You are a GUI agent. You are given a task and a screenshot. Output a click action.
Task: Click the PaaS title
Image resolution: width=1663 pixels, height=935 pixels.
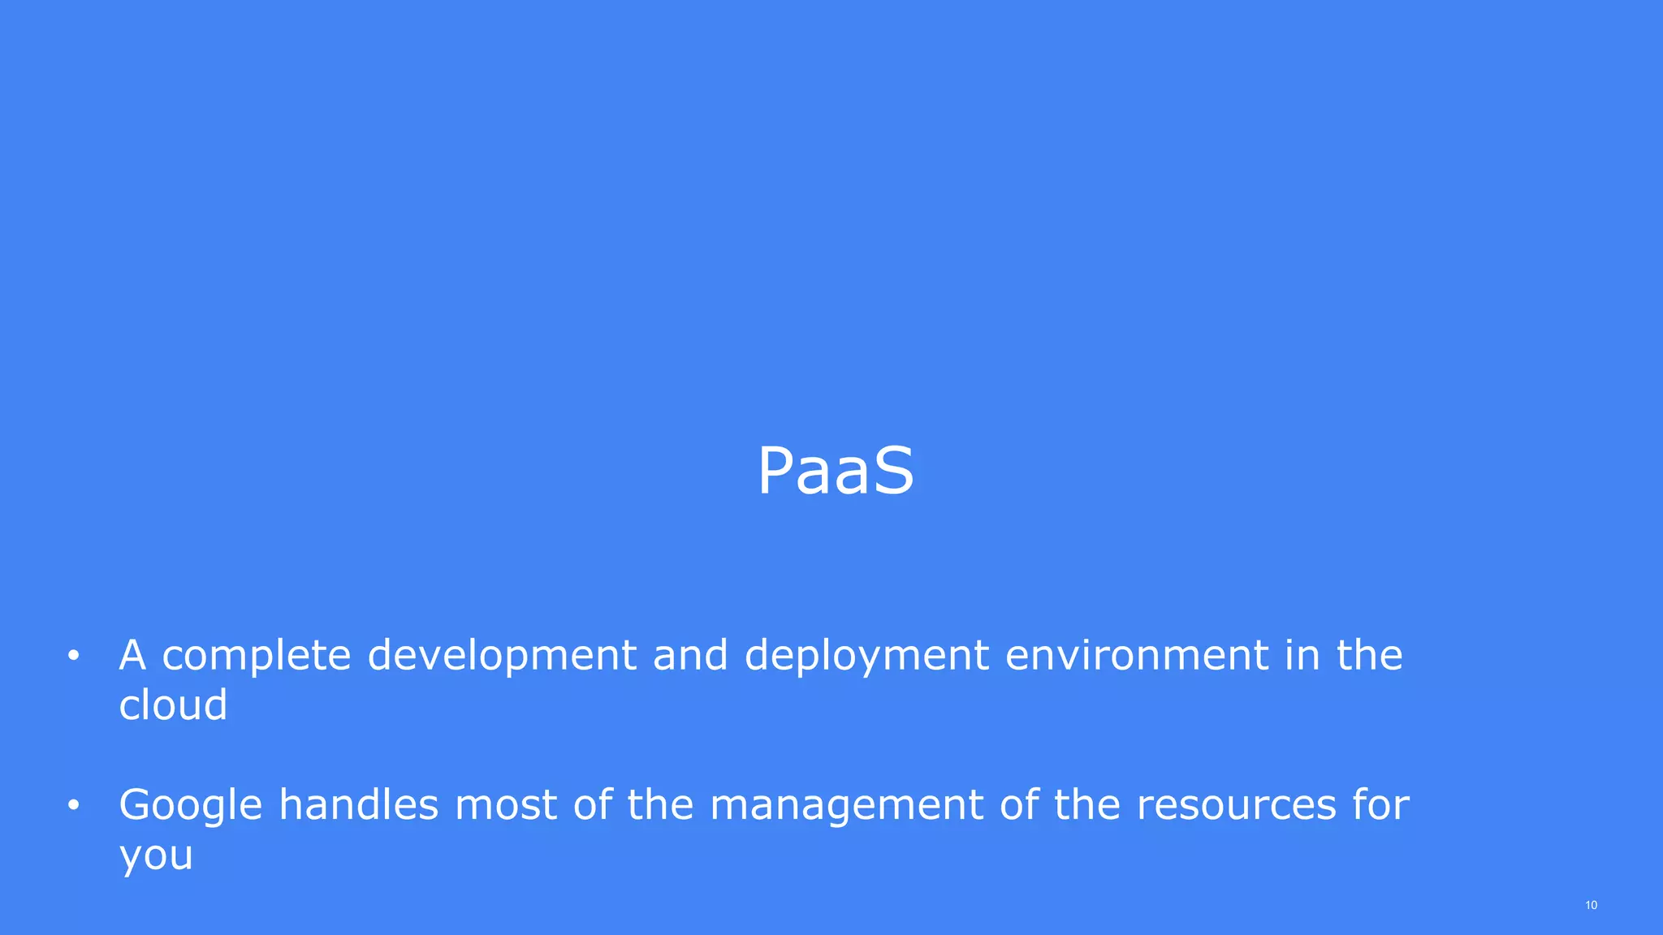click(x=836, y=472)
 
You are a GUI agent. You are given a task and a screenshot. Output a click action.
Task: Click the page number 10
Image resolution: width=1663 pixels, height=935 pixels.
click(x=1591, y=905)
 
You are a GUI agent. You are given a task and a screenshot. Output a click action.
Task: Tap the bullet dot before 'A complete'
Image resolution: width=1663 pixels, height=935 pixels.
click(x=73, y=656)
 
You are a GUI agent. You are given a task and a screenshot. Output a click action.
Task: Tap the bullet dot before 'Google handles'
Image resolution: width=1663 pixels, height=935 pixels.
click(x=73, y=805)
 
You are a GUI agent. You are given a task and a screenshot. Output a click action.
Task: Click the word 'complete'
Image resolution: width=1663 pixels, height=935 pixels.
click(x=256, y=656)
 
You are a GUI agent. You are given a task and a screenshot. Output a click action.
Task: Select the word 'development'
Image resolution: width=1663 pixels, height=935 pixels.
click(x=501, y=656)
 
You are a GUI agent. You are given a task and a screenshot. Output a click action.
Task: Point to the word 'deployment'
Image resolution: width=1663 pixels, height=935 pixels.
click(x=866, y=656)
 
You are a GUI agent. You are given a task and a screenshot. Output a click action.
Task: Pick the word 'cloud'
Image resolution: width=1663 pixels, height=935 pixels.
click(x=173, y=704)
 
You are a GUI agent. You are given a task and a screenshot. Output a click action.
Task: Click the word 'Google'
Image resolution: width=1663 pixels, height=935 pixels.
click(x=190, y=805)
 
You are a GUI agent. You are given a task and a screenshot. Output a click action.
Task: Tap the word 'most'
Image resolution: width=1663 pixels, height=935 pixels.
click(x=505, y=805)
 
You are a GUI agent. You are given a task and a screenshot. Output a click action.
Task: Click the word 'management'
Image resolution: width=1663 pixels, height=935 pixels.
click(x=846, y=805)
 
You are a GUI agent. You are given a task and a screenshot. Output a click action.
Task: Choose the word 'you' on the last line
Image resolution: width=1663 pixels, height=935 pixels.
click(x=156, y=855)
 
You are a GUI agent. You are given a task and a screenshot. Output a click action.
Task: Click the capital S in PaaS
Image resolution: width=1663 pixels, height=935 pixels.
click(x=894, y=472)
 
